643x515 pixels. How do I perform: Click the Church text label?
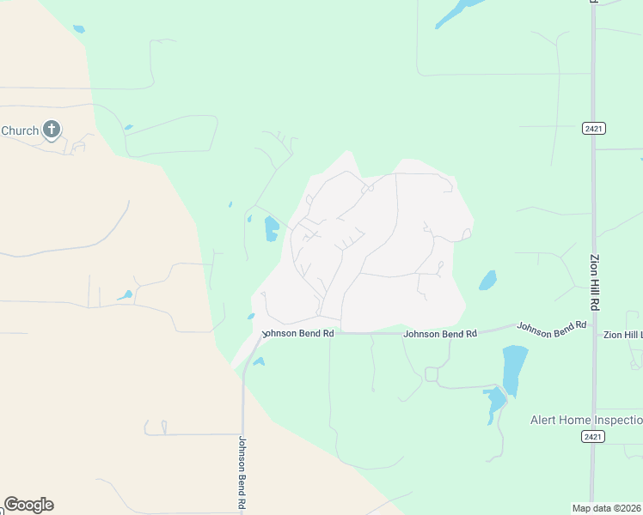coord(19,130)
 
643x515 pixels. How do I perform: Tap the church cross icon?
coord(52,130)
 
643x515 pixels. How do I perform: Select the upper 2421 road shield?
coord(593,128)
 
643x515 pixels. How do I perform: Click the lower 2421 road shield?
coord(592,437)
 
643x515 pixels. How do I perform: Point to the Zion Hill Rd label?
coord(594,282)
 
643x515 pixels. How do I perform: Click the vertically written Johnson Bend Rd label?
coord(242,473)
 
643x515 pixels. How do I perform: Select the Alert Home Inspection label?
coord(585,420)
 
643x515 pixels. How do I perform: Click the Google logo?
coord(28,505)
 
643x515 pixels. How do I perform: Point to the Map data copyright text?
coord(607,508)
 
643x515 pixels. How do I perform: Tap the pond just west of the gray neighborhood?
coord(272,229)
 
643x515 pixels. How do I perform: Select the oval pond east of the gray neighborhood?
coord(487,280)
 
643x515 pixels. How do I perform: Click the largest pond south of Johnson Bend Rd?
coord(514,368)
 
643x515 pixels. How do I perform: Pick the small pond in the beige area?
coord(126,296)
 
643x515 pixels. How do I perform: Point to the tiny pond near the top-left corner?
coord(79,29)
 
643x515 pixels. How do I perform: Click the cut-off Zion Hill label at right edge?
coord(622,335)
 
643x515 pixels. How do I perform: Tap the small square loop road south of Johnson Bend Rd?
coord(432,374)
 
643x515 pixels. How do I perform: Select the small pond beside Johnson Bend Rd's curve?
coord(257,361)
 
